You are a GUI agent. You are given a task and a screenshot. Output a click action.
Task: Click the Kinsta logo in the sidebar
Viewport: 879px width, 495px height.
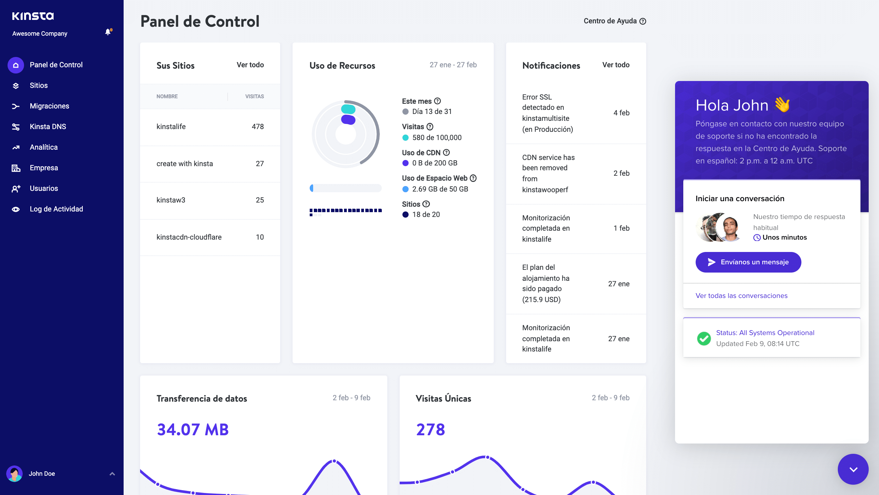pos(33,16)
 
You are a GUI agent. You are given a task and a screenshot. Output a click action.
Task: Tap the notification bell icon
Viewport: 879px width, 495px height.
pos(108,32)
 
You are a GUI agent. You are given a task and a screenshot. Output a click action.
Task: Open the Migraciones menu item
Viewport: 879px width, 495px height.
pos(49,106)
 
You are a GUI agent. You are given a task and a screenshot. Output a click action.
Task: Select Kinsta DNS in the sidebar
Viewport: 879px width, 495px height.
pos(48,127)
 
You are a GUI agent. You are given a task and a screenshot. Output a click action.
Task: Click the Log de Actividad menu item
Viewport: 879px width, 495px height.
pos(56,209)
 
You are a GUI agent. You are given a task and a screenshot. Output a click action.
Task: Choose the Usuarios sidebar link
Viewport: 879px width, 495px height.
pos(44,188)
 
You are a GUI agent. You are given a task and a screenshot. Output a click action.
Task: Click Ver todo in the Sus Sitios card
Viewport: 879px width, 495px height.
pos(250,65)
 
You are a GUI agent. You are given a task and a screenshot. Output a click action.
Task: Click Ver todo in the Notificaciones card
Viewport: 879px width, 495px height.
pos(616,65)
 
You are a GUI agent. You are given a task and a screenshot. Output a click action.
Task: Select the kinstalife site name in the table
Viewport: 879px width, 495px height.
pos(171,127)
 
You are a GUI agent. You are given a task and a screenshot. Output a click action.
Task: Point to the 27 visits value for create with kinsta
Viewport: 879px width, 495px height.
pos(260,164)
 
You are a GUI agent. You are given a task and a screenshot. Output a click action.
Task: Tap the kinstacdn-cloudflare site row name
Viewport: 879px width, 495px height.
pos(189,237)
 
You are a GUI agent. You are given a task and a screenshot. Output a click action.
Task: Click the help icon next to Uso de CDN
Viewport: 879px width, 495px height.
pos(446,152)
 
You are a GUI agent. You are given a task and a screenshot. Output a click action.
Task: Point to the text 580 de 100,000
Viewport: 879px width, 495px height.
pos(437,138)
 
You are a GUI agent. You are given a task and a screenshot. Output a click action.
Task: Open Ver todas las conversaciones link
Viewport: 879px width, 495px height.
pos(741,296)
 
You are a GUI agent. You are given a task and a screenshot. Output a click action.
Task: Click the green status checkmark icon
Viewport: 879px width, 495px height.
pos(704,338)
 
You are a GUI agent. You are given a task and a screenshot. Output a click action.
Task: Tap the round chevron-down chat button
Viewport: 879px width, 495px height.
pos(853,469)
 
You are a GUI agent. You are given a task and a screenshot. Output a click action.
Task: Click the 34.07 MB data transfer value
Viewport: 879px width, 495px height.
pos(193,429)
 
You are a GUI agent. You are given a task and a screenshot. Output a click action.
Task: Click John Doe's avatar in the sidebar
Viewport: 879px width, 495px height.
pos(14,474)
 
